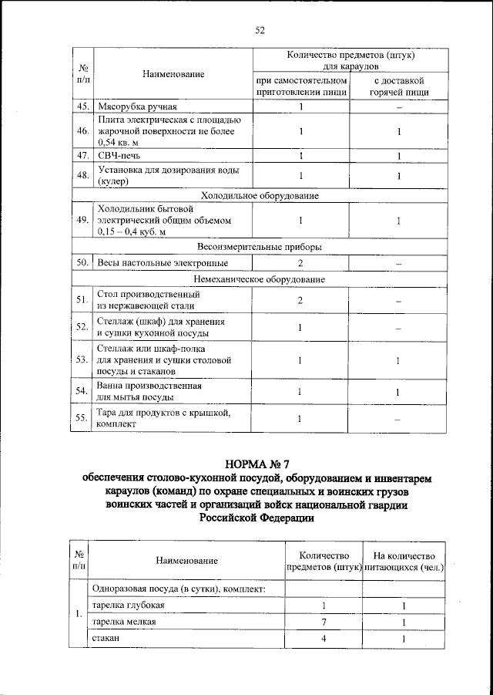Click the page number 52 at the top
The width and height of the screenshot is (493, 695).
pyautogui.click(x=260, y=30)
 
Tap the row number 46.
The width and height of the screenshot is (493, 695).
pyautogui.click(x=80, y=131)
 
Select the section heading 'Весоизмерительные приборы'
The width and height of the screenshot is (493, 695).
pyautogui.click(x=260, y=247)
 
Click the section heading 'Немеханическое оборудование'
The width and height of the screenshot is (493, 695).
pyautogui.click(x=260, y=278)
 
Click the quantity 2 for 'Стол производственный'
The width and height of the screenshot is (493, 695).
pyautogui.click(x=300, y=299)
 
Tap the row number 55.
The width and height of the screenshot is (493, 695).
pyautogui.click(x=80, y=419)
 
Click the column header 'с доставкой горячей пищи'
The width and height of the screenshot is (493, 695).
pyautogui.click(x=399, y=85)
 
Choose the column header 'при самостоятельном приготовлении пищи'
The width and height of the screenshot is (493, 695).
pyautogui.click(x=301, y=85)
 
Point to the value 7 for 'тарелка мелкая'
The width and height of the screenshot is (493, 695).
pyautogui.click(x=324, y=622)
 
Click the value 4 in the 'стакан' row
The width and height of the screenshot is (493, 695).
pyautogui.click(x=324, y=639)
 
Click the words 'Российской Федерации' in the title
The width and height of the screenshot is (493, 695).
pyautogui.click(x=258, y=519)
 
